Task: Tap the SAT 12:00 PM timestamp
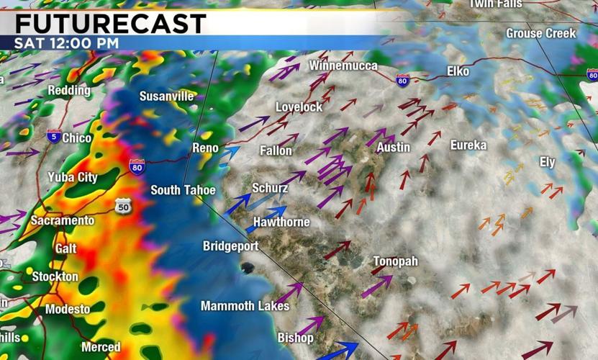click(66, 42)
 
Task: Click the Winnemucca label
click(343, 66)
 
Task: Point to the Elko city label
click(458, 71)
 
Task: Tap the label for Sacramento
click(63, 220)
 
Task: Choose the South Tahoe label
click(183, 190)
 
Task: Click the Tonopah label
click(395, 261)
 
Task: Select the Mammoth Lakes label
click(245, 306)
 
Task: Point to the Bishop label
click(296, 338)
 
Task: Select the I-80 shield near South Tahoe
click(137, 167)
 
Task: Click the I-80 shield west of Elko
click(402, 79)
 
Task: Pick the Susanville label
click(166, 96)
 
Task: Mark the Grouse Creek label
click(541, 33)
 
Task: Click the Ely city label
click(548, 162)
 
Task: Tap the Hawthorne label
click(281, 222)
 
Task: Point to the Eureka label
click(468, 145)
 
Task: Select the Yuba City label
click(73, 177)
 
